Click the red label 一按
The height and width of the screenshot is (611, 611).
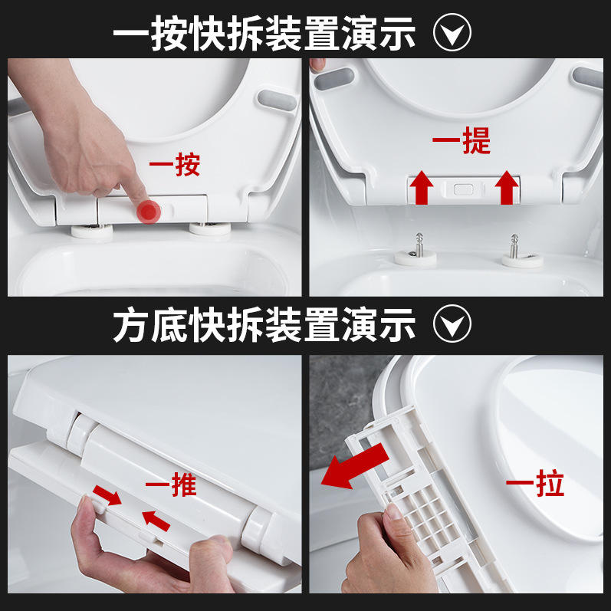tap(175, 165)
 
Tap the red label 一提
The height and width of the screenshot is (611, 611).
tap(461, 140)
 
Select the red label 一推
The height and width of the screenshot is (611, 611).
tap(171, 485)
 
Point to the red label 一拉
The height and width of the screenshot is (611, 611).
tap(534, 484)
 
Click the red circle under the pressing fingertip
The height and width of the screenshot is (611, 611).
tap(149, 212)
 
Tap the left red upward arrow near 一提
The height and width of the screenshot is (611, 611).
tap(421, 188)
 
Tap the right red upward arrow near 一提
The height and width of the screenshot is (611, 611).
tap(507, 188)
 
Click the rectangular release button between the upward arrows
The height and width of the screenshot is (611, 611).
tap(464, 190)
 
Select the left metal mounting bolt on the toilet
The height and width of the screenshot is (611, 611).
tap(419, 245)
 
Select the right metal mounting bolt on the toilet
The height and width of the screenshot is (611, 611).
tap(514, 245)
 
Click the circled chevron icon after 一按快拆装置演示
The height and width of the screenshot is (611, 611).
tap(452, 32)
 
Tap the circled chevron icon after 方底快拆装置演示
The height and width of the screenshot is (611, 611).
tap(452, 324)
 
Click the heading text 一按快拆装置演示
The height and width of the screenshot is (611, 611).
tap(264, 33)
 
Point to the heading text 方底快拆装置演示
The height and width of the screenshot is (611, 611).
tap(264, 324)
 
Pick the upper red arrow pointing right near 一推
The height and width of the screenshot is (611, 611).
tap(107, 495)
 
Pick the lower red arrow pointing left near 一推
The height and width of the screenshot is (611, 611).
tap(156, 521)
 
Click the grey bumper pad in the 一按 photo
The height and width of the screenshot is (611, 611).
tap(277, 100)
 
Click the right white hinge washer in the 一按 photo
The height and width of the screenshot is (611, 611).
tap(210, 228)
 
